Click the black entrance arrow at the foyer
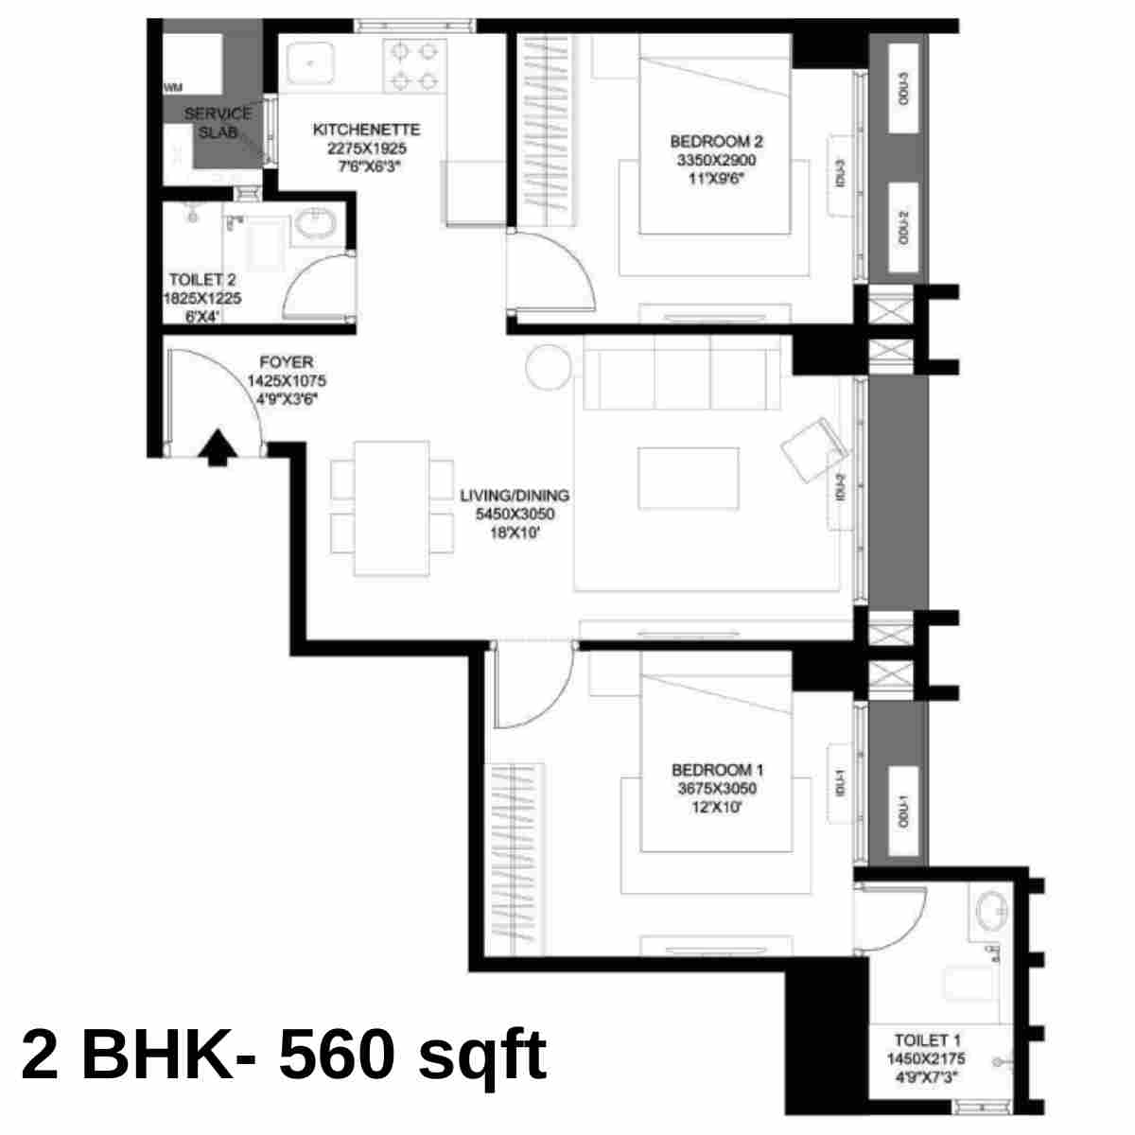[x=218, y=447]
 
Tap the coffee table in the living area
[x=689, y=479]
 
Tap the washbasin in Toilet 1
[x=992, y=914]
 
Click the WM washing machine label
[x=173, y=88]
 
